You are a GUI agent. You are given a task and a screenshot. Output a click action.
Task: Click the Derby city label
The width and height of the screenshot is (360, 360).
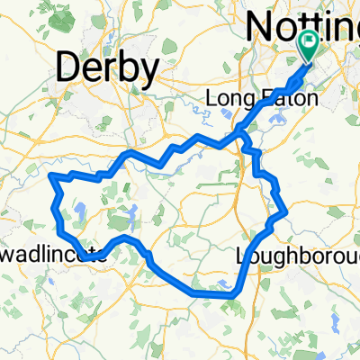108,67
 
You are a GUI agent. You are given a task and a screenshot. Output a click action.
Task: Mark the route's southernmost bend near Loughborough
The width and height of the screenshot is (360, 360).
230,293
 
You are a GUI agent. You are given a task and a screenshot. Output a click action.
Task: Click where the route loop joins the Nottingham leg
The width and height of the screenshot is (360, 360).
238,137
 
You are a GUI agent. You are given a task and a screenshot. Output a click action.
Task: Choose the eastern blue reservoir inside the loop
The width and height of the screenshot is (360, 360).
133,214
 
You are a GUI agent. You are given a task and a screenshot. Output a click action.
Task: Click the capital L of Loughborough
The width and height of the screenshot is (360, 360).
242,256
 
